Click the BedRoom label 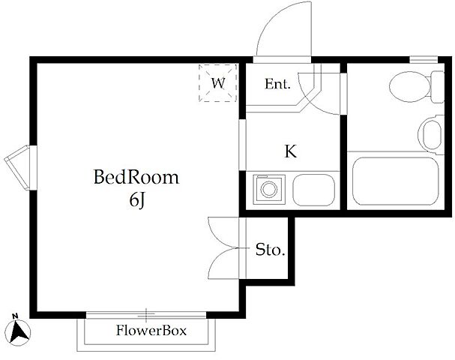(x=136, y=177)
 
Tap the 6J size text (x=137, y=200)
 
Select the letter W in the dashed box (x=218, y=83)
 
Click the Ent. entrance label (x=277, y=84)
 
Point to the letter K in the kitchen (x=291, y=151)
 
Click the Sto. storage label (x=270, y=250)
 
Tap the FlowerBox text (x=151, y=331)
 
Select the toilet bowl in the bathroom (x=410, y=87)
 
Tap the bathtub (x=395, y=181)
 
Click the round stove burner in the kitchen (x=268, y=190)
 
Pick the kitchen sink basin (x=313, y=190)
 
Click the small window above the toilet (x=424, y=59)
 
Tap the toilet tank (x=437, y=87)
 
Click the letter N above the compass (x=15, y=316)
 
